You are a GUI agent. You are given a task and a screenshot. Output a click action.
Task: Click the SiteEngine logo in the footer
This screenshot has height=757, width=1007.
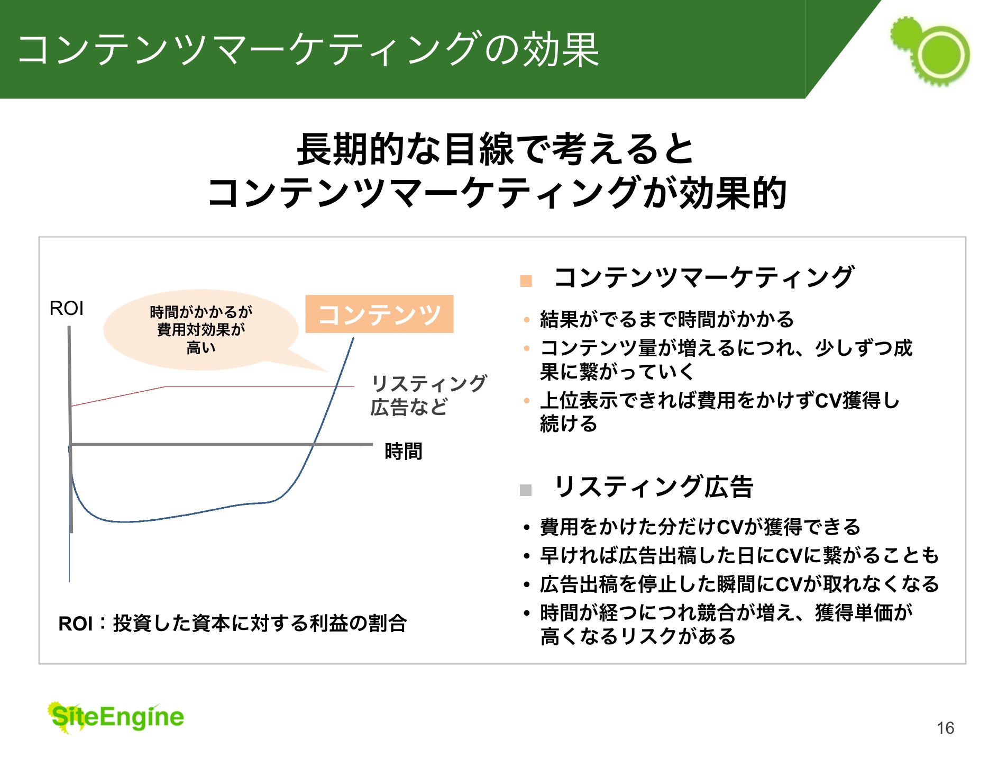[116, 718]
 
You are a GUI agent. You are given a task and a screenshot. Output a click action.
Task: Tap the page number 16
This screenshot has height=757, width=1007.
[945, 728]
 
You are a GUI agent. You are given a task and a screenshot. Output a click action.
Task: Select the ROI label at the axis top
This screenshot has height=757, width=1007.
[66, 308]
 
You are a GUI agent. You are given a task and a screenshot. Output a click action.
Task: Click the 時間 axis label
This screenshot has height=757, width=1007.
[404, 451]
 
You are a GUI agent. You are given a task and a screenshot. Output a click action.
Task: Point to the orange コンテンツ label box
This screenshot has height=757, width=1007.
[379, 314]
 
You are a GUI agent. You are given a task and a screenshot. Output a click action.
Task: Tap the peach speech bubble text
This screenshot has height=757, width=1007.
[201, 329]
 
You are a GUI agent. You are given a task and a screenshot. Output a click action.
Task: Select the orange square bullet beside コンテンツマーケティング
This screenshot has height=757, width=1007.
[526, 281]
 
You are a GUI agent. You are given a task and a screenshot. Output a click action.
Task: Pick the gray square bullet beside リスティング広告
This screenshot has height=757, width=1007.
[526, 490]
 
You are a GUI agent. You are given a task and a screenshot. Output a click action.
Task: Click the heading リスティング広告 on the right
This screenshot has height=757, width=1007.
[654, 486]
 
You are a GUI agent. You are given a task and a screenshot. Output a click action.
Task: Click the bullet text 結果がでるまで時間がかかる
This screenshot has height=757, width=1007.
[667, 319]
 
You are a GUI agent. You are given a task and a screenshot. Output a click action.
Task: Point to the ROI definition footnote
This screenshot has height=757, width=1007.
[232, 623]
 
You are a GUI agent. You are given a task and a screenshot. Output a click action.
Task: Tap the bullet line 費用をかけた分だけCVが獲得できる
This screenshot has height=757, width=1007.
[700, 527]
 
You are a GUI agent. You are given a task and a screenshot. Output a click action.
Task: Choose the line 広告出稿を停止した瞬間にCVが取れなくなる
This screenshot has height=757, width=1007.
[739, 584]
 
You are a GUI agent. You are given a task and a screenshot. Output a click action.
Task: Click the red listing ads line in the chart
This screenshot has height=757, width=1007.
[212, 387]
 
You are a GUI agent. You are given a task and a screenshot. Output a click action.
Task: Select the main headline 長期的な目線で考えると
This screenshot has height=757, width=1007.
[495, 149]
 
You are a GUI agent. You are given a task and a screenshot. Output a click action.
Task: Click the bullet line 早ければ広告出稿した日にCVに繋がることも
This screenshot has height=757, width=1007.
[739, 555]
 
